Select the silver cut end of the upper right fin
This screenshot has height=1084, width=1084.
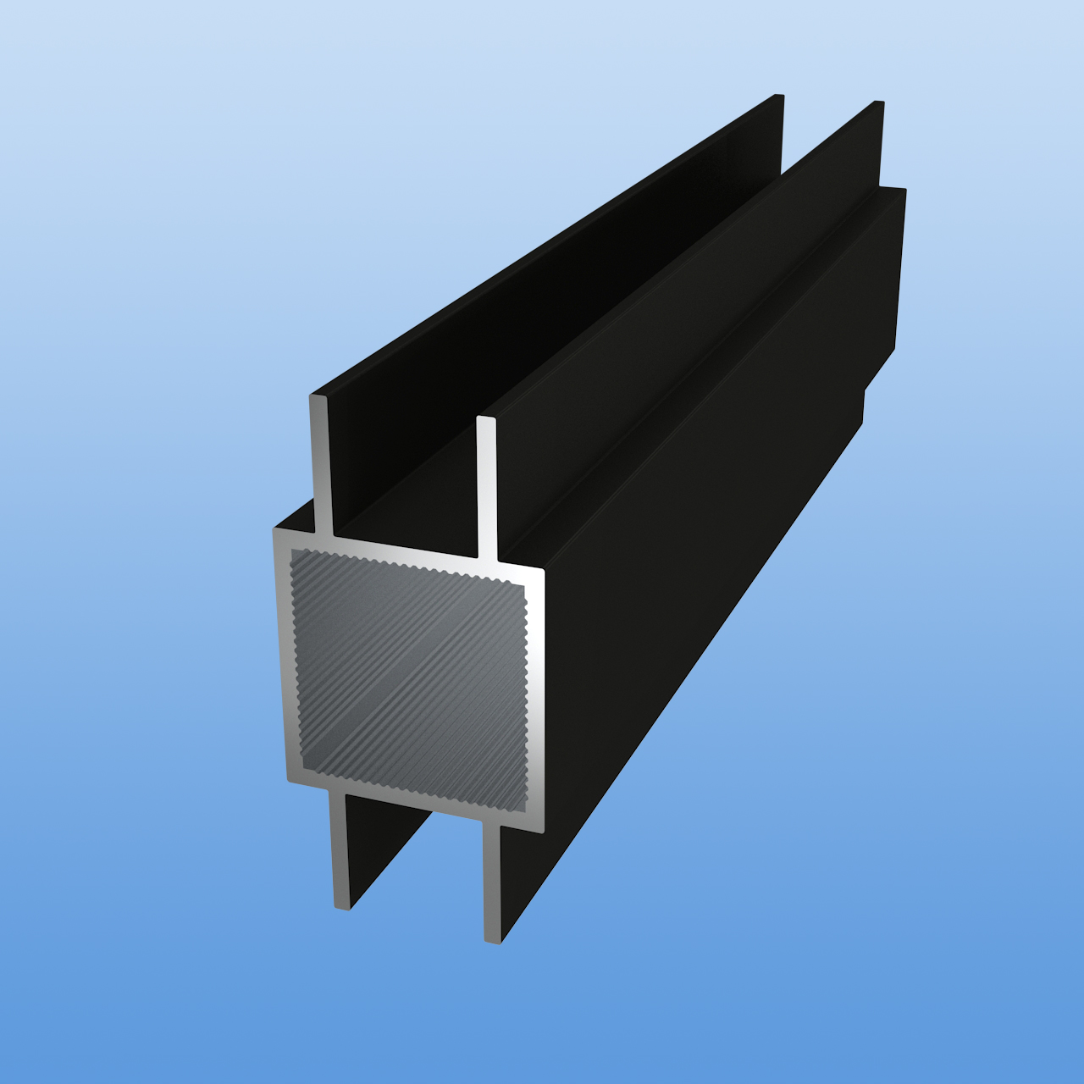[x=486, y=487]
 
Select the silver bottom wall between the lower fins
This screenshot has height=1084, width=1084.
[x=415, y=803]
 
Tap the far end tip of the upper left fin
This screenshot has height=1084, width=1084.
[x=777, y=98]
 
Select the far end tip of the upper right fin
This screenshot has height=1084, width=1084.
[x=879, y=105]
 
